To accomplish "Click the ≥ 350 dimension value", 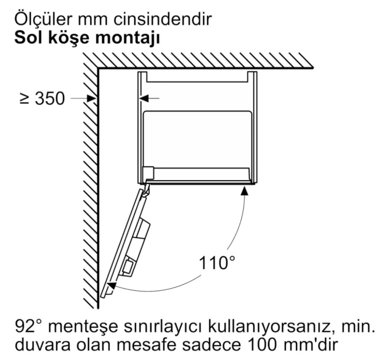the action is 42,99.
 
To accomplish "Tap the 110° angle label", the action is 217,263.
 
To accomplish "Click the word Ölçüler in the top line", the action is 43,18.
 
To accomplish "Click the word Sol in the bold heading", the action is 29,38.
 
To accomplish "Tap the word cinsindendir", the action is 162,19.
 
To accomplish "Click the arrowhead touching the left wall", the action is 92,99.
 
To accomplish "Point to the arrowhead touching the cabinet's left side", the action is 144,99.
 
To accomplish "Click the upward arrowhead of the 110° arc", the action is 245,191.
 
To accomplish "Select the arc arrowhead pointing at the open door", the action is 112,286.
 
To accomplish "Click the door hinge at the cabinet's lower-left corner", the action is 146,189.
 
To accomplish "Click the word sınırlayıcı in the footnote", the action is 163,327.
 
